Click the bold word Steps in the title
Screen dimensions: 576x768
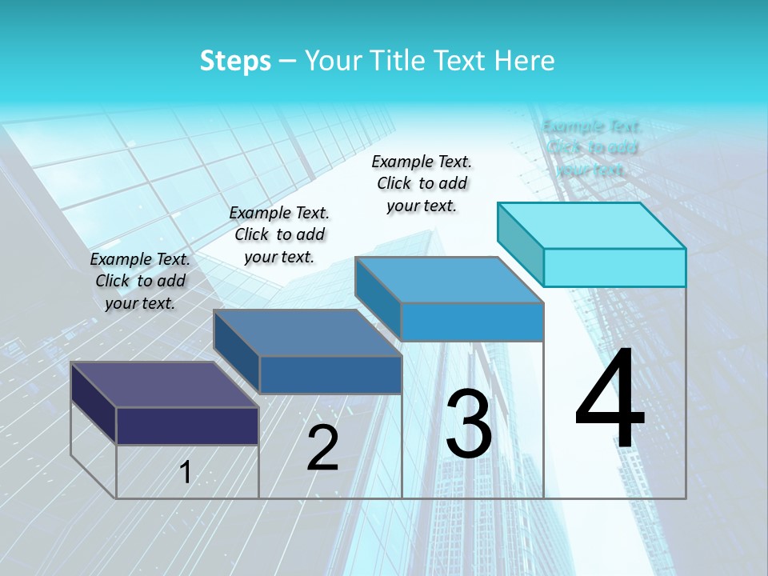click(x=235, y=61)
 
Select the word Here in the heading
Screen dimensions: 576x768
click(x=525, y=61)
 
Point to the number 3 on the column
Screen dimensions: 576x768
click(x=469, y=424)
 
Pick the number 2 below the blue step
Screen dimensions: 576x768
click(x=322, y=449)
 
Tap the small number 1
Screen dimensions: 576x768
click(x=186, y=473)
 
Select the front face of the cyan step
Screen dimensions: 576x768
click(x=614, y=267)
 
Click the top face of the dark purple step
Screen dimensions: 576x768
click(x=164, y=385)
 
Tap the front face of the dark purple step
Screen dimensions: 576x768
click(x=187, y=426)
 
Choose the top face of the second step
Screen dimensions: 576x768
click(x=306, y=332)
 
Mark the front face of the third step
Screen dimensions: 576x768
click(x=472, y=322)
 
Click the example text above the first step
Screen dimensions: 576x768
click(x=140, y=281)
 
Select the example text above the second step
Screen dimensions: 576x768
click(x=279, y=234)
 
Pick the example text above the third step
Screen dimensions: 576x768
click(x=422, y=183)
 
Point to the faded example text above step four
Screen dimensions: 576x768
click(x=592, y=148)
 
